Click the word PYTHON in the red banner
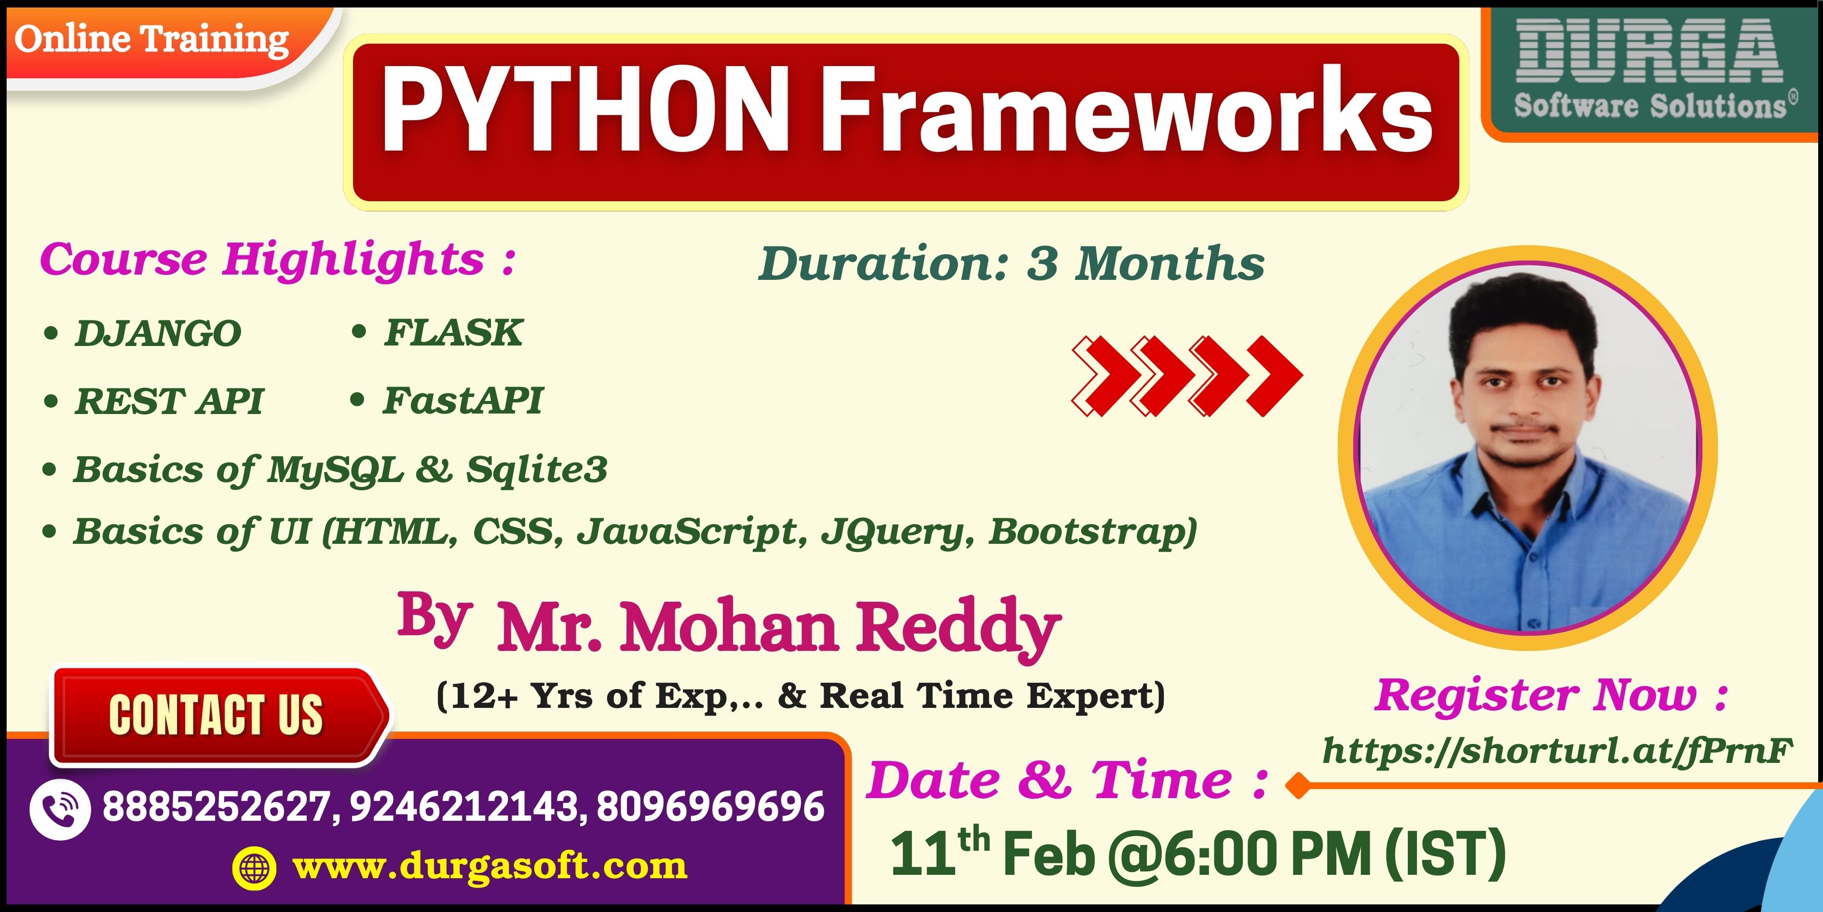pos(585,110)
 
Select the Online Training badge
pos(152,39)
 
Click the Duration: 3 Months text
pos(1011,263)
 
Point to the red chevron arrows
pos(1187,375)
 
